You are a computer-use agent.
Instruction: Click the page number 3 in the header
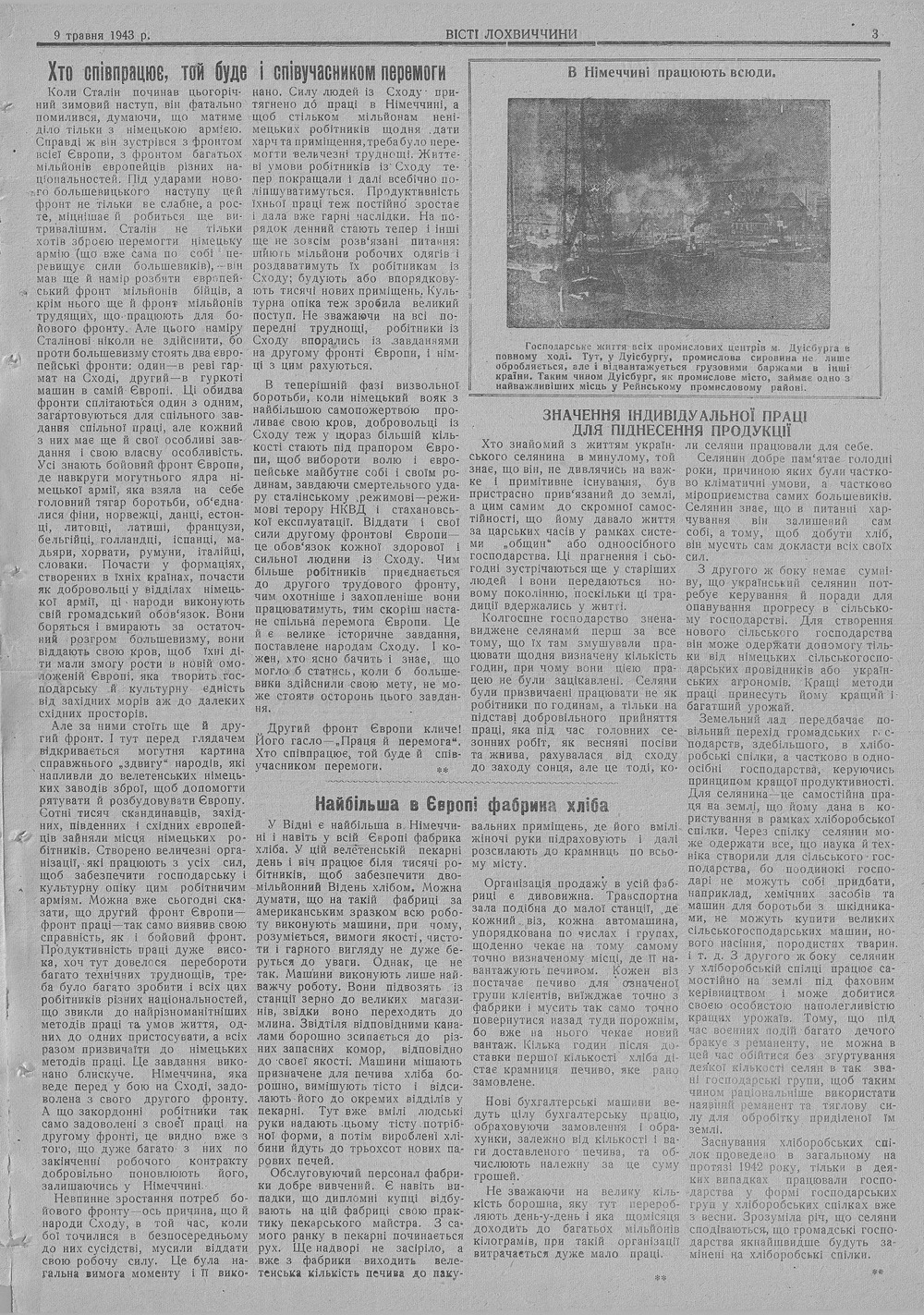click(874, 34)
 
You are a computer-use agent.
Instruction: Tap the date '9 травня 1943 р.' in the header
click(101, 35)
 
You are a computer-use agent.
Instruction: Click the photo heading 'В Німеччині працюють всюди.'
click(670, 72)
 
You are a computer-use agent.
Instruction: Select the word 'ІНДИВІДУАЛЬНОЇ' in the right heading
click(698, 416)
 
